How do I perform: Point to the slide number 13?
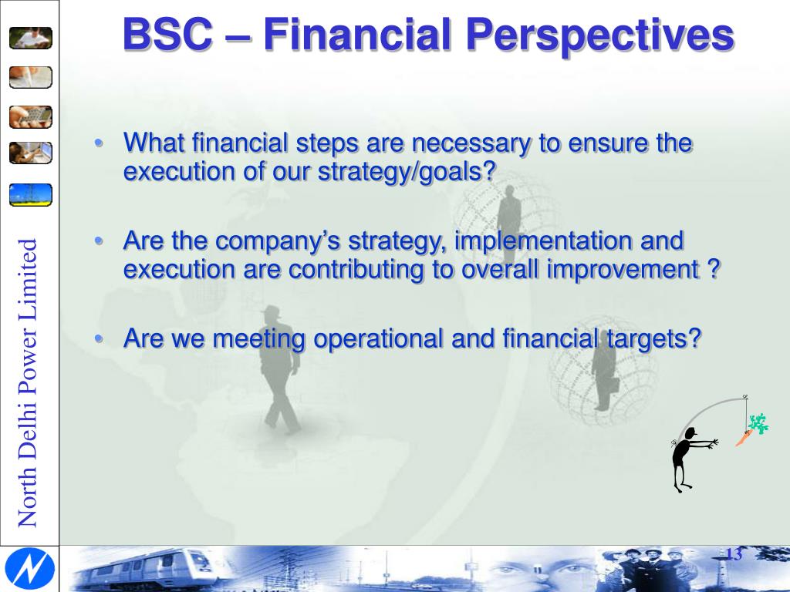tap(733, 554)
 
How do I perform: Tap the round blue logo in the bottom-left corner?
tap(29, 569)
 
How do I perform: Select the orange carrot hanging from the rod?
tap(742, 440)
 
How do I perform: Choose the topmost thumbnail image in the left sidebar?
tap(31, 37)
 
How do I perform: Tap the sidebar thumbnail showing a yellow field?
tap(31, 194)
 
